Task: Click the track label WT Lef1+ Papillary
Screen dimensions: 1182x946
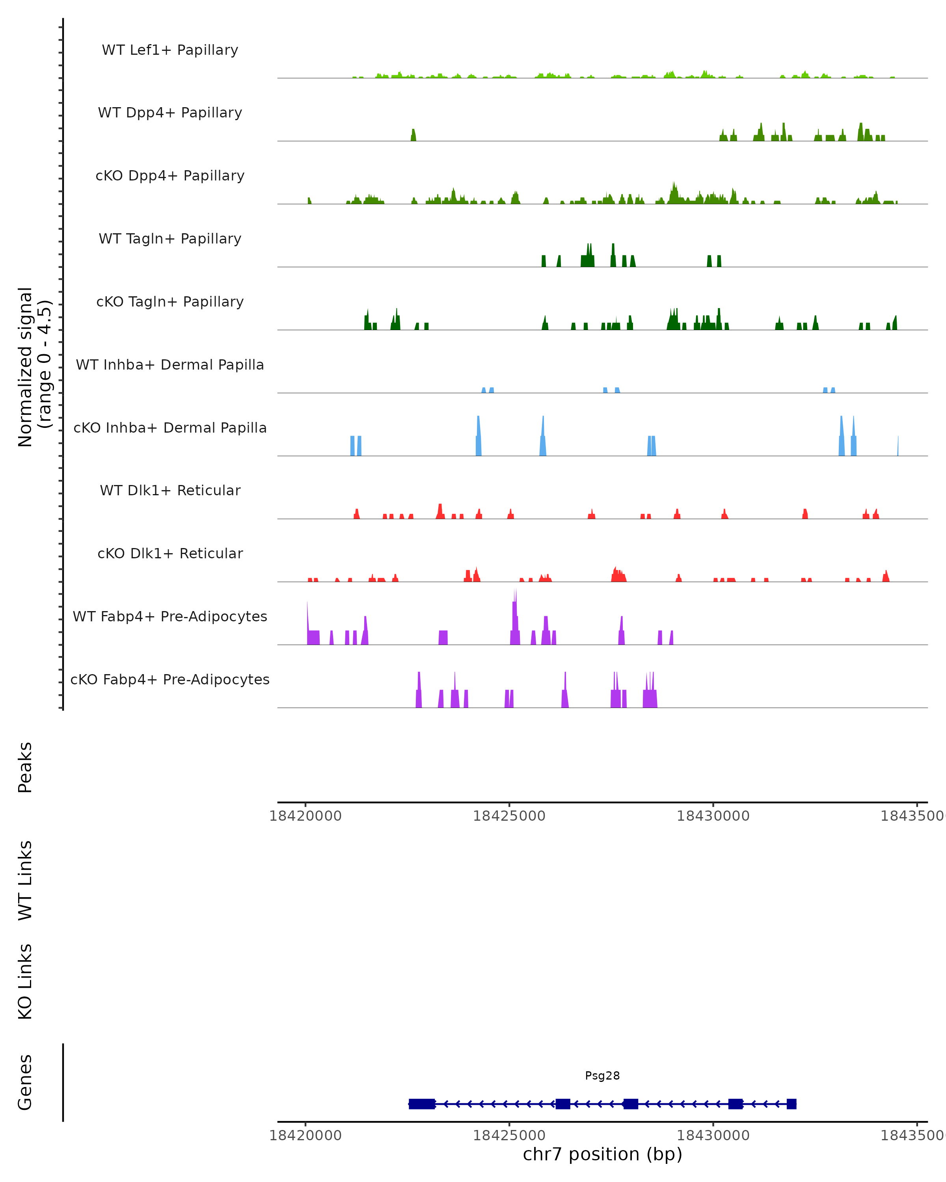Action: (x=170, y=50)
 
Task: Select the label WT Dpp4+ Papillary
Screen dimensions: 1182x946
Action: (x=170, y=113)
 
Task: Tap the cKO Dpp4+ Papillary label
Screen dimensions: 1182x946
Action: (x=170, y=176)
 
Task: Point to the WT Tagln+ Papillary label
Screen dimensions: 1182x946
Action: (x=170, y=239)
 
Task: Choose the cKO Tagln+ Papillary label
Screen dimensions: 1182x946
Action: (x=170, y=302)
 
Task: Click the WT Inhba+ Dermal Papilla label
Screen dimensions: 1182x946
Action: (x=170, y=365)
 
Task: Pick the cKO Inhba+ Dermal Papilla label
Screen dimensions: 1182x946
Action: (x=170, y=428)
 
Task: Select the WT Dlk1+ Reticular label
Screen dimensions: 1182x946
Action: (x=170, y=491)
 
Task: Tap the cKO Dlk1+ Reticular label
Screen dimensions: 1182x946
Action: (x=170, y=554)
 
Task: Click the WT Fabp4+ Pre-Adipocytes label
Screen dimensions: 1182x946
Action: (x=170, y=617)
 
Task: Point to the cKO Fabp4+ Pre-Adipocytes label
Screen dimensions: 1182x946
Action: (x=170, y=680)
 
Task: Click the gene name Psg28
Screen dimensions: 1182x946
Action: (x=602, y=1076)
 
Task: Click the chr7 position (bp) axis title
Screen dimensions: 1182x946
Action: (x=602, y=1154)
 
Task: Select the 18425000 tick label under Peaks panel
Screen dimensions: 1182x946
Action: (x=509, y=816)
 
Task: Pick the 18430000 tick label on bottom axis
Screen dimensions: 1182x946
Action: (x=713, y=1136)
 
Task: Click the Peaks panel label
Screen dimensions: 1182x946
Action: (x=25, y=768)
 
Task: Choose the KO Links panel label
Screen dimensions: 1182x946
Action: (x=25, y=982)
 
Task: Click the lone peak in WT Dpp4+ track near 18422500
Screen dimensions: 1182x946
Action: (x=413, y=136)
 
